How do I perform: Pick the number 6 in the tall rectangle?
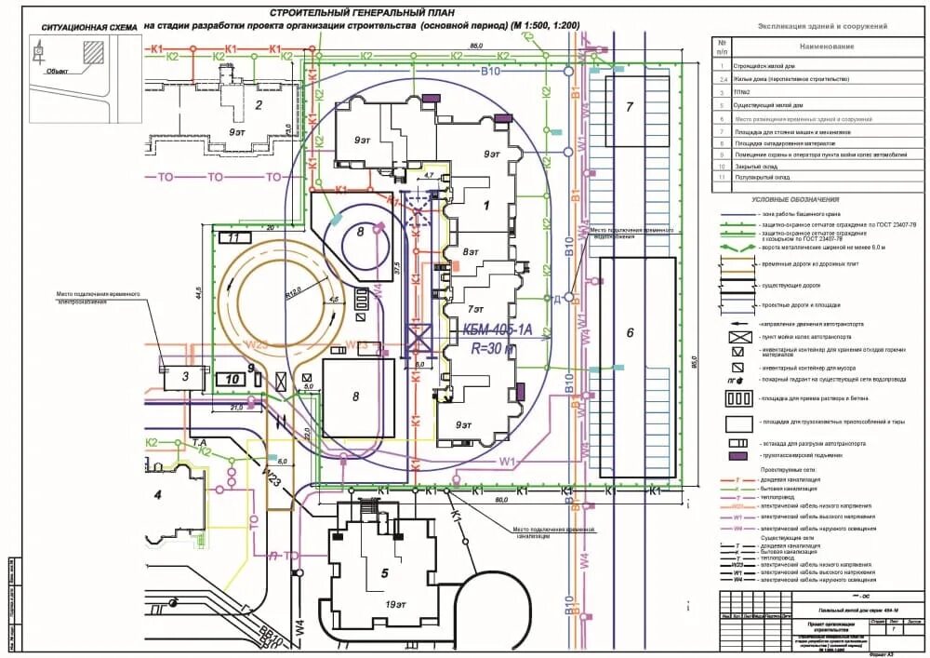coord(630,333)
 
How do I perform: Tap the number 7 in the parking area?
coord(630,108)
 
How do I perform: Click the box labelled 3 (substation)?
coord(184,377)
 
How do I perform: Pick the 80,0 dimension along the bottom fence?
coord(502,500)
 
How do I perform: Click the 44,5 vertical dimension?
coord(198,293)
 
